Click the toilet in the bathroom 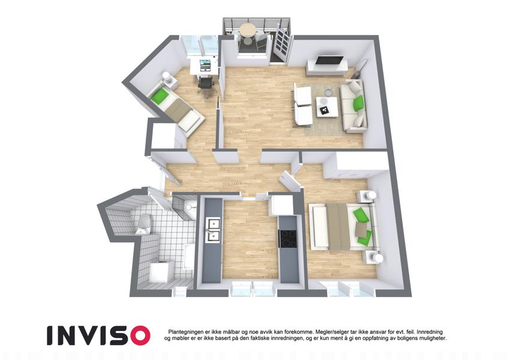pos(143,224)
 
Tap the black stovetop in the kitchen pos(288,238)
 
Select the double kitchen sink pos(213,230)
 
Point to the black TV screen pos(330,61)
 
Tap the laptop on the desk pos(205,65)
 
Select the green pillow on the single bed pos(159,96)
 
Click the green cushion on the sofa pos(359,103)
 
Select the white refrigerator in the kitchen pos(282,205)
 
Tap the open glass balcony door pos(281,44)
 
